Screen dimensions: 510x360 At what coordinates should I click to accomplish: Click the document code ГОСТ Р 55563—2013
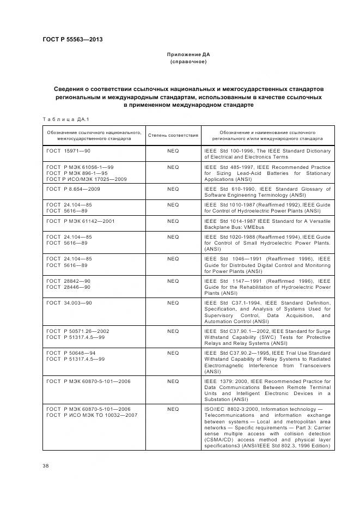pyautogui.click(x=72, y=39)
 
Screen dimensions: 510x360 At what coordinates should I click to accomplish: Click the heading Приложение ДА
pyautogui.click(x=188, y=55)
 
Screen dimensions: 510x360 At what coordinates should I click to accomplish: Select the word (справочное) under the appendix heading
pyautogui.click(x=188, y=62)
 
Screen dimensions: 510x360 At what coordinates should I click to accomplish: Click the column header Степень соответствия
pyautogui.click(x=173, y=135)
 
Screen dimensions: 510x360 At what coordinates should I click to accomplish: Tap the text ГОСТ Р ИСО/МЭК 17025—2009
pyautogui.click(x=87, y=179)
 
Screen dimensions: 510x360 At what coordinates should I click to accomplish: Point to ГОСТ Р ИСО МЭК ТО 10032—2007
pyautogui.click(x=92, y=415)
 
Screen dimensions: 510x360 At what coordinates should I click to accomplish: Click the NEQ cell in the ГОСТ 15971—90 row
pyautogui.click(x=173, y=150)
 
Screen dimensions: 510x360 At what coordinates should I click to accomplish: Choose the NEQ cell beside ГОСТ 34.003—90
pyautogui.click(x=173, y=302)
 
